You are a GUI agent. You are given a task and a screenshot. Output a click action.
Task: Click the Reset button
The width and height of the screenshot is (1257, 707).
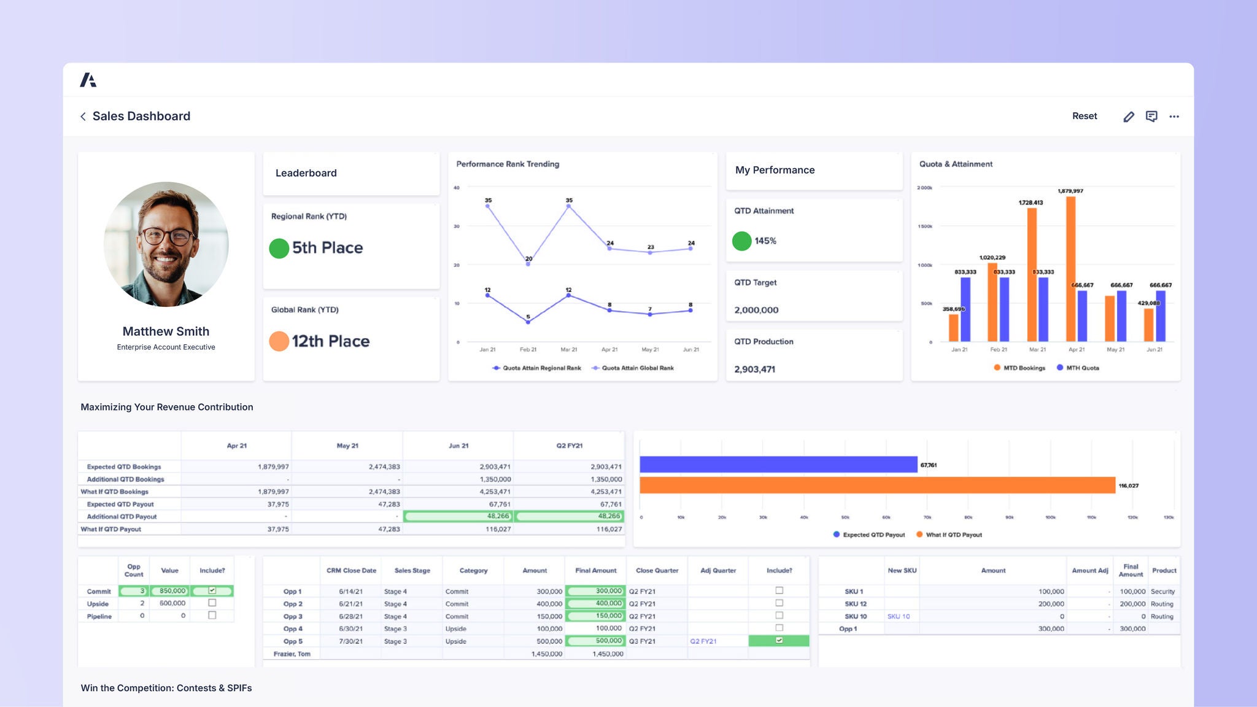pyautogui.click(x=1084, y=116)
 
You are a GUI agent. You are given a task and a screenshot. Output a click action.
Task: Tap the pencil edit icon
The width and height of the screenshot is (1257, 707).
pyautogui.click(x=1128, y=117)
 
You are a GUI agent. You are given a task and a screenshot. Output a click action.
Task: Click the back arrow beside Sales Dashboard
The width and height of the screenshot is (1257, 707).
pyautogui.click(x=83, y=117)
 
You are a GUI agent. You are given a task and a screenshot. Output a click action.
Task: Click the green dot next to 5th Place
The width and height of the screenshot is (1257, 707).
pyautogui.click(x=279, y=248)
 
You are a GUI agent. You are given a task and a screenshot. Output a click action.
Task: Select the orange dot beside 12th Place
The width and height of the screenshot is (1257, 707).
pyautogui.click(x=279, y=341)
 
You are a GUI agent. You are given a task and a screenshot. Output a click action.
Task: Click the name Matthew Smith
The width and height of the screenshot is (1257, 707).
pyautogui.click(x=166, y=331)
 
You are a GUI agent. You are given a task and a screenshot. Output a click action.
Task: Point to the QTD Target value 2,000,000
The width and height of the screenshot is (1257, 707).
pyautogui.click(x=756, y=311)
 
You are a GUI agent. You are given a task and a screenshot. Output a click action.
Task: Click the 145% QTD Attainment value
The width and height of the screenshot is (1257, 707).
pyautogui.click(x=765, y=241)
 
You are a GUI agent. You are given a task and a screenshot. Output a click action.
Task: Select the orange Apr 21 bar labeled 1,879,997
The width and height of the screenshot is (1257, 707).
pyautogui.click(x=1070, y=270)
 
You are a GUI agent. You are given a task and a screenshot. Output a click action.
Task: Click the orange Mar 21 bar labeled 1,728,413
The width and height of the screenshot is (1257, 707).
pyautogui.click(x=1032, y=276)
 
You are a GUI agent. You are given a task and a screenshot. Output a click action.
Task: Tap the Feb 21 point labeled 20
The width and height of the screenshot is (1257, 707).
pyautogui.click(x=528, y=264)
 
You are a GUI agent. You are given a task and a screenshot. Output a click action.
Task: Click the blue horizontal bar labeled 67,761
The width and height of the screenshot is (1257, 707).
pyautogui.click(x=778, y=465)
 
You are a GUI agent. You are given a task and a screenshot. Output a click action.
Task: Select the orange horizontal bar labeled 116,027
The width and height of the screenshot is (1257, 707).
pyautogui.click(x=876, y=485)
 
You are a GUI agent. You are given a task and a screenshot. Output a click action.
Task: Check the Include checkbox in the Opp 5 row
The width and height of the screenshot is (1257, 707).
pyautogui.click(x=779, y=640)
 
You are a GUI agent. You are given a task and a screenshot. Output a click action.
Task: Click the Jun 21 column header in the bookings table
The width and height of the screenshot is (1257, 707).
pyautogui.click(x=458, y=446)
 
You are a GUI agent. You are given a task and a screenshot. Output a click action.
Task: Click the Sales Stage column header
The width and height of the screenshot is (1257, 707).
pyautogui.click(x=412, y=571)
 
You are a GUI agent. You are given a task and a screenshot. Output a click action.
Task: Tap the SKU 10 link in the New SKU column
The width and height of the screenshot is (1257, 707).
pyautogui.click(x=898, y=616)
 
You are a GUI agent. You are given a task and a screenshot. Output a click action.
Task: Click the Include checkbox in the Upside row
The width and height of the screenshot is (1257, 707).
pyautogui.click(x=212, y=603)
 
